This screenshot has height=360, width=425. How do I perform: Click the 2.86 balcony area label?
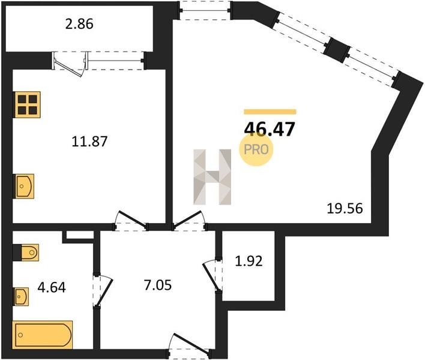tap(79, 24)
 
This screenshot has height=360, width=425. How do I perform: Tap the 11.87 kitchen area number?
tap(89, 142)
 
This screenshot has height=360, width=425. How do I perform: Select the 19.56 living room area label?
tap(345, 209)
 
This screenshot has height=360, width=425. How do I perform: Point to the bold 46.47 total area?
tap(269, 129)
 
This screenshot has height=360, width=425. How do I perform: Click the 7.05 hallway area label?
tap(158, 285)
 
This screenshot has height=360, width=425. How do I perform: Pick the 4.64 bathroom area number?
tap(52, 287)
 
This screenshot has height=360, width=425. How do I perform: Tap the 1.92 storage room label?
tap(249, 262)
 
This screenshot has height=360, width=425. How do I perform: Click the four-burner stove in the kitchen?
tap(28, 104)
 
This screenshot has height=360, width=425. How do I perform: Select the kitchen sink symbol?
tap(24, 186)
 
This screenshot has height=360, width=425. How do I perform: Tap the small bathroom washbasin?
tap(22, 296)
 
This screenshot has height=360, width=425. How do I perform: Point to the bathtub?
tap(43, 335)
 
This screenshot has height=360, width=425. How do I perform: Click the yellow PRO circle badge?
tap(256, 149)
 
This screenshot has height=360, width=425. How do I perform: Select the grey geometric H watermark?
tap(212, 177)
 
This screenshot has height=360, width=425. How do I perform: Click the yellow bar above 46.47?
tap(270, 112)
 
